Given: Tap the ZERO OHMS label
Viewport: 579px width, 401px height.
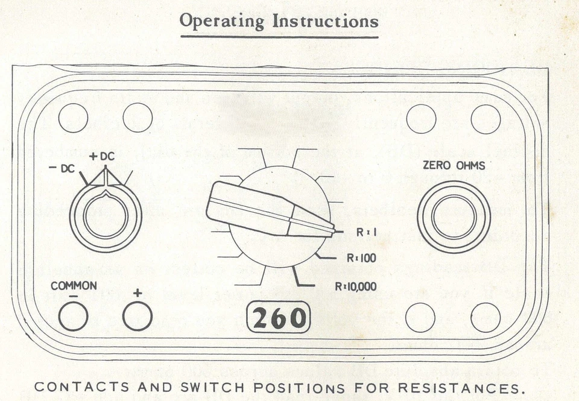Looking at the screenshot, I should [x=453, y=165].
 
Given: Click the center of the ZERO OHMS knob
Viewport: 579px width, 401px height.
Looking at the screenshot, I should [x=454, y=216].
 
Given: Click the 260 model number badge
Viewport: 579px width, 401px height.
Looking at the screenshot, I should [x=279, y=318].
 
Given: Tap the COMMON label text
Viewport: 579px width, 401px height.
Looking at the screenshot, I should [x=73, y=286].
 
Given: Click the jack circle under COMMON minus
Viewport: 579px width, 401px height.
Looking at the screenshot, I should [x=73, y=316].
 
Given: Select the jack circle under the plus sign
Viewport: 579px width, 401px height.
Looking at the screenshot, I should [x=138, y=316].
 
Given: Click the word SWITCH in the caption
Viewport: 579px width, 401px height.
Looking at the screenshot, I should [x=199, y=387].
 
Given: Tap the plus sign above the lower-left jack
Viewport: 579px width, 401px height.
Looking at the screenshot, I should [x=137, y=293].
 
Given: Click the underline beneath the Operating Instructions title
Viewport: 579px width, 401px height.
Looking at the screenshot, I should [x=279, y=37].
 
